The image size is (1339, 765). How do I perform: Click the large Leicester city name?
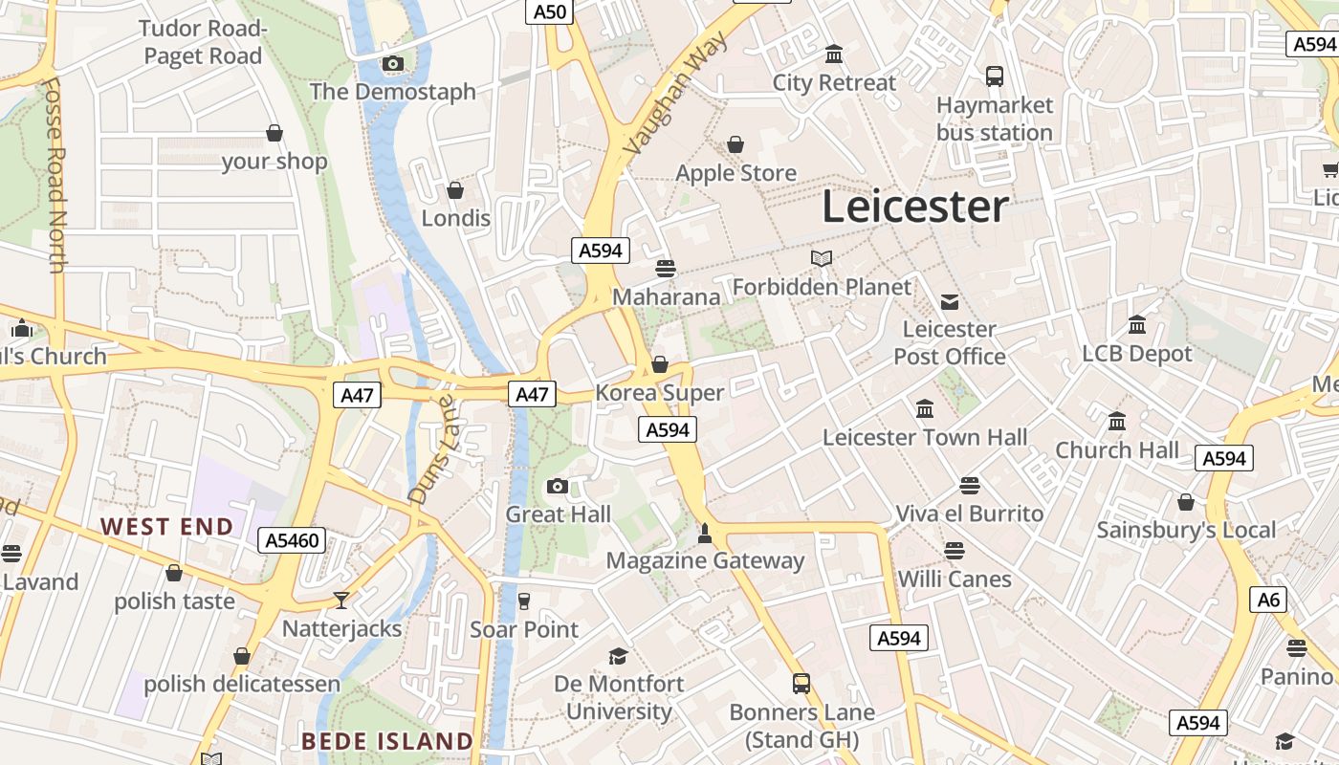click(915, 208)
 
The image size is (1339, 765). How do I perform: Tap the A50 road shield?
click(550, 11)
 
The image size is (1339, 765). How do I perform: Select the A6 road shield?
click(1268, 600)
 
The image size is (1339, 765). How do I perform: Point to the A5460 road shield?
click(293, 541)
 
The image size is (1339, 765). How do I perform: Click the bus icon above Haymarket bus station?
click(995, 76)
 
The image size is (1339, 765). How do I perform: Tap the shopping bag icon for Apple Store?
click(735, 145)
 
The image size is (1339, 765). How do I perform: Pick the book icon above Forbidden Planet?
click(822, 258)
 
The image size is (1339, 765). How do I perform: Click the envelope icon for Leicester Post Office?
click(949, 302)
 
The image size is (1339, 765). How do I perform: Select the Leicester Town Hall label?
click(925, 438)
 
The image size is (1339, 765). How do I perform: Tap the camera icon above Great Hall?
click(558, 487)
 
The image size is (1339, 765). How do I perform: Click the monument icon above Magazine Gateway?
click(705, 533)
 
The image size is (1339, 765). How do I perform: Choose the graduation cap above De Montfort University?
click(619, 656)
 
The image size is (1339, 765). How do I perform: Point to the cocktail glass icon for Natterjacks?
click(341, 601)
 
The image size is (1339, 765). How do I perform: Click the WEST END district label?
click(167, 527)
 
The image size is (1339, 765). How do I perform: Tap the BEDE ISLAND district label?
click(387, 741)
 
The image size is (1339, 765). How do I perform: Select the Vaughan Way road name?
click(675, 93)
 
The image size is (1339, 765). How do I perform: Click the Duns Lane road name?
click(435, 449)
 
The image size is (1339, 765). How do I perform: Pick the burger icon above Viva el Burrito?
click(970, 486)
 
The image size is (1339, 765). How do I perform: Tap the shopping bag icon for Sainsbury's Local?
click(1186, 502)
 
